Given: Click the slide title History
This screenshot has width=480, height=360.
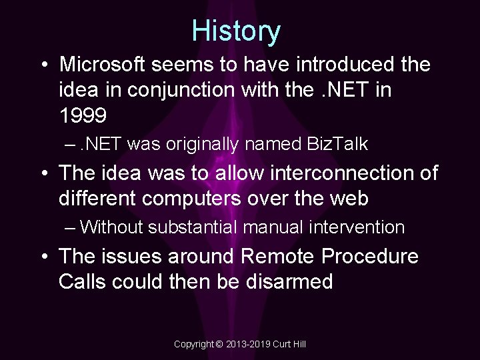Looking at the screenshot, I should (x=237, y=31).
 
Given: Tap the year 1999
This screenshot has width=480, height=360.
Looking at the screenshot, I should (x=83, y=116).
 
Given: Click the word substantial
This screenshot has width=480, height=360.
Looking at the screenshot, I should (x=194, y=227).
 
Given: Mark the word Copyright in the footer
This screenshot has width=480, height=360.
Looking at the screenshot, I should (x=193, y=344).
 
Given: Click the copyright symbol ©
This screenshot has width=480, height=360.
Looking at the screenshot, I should (x=219, y=344).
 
